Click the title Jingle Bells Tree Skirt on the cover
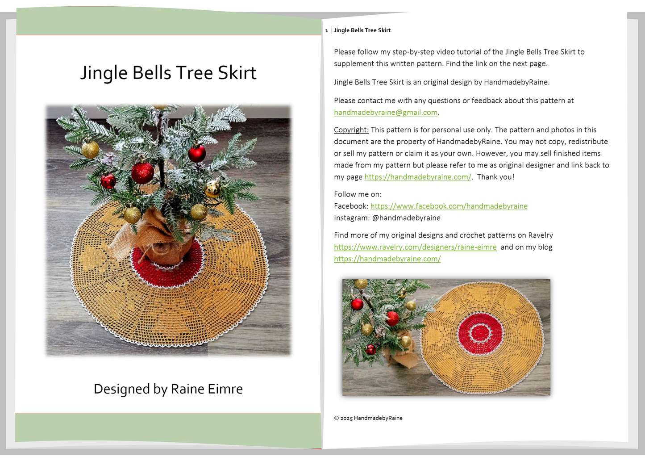coord(168,73)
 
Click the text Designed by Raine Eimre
coord(168,389)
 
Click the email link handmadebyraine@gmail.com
coord(386,113)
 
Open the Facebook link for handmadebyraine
coord(449,206)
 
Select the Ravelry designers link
coord(415,247)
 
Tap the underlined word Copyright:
coord(351,130)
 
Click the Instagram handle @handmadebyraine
coord(406,218)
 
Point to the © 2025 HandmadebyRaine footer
coord(368,418)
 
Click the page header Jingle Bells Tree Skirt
coord(362,30)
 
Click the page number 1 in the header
coord(326,30)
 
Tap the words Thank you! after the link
coord(495,177)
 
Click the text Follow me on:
coord(358,194)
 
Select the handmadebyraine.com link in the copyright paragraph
coord(418,177)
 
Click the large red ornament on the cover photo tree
coord(143,173)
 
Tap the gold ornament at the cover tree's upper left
coord(91,150)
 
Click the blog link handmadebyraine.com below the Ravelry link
coord(387,259)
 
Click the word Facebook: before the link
coord(351,206)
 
